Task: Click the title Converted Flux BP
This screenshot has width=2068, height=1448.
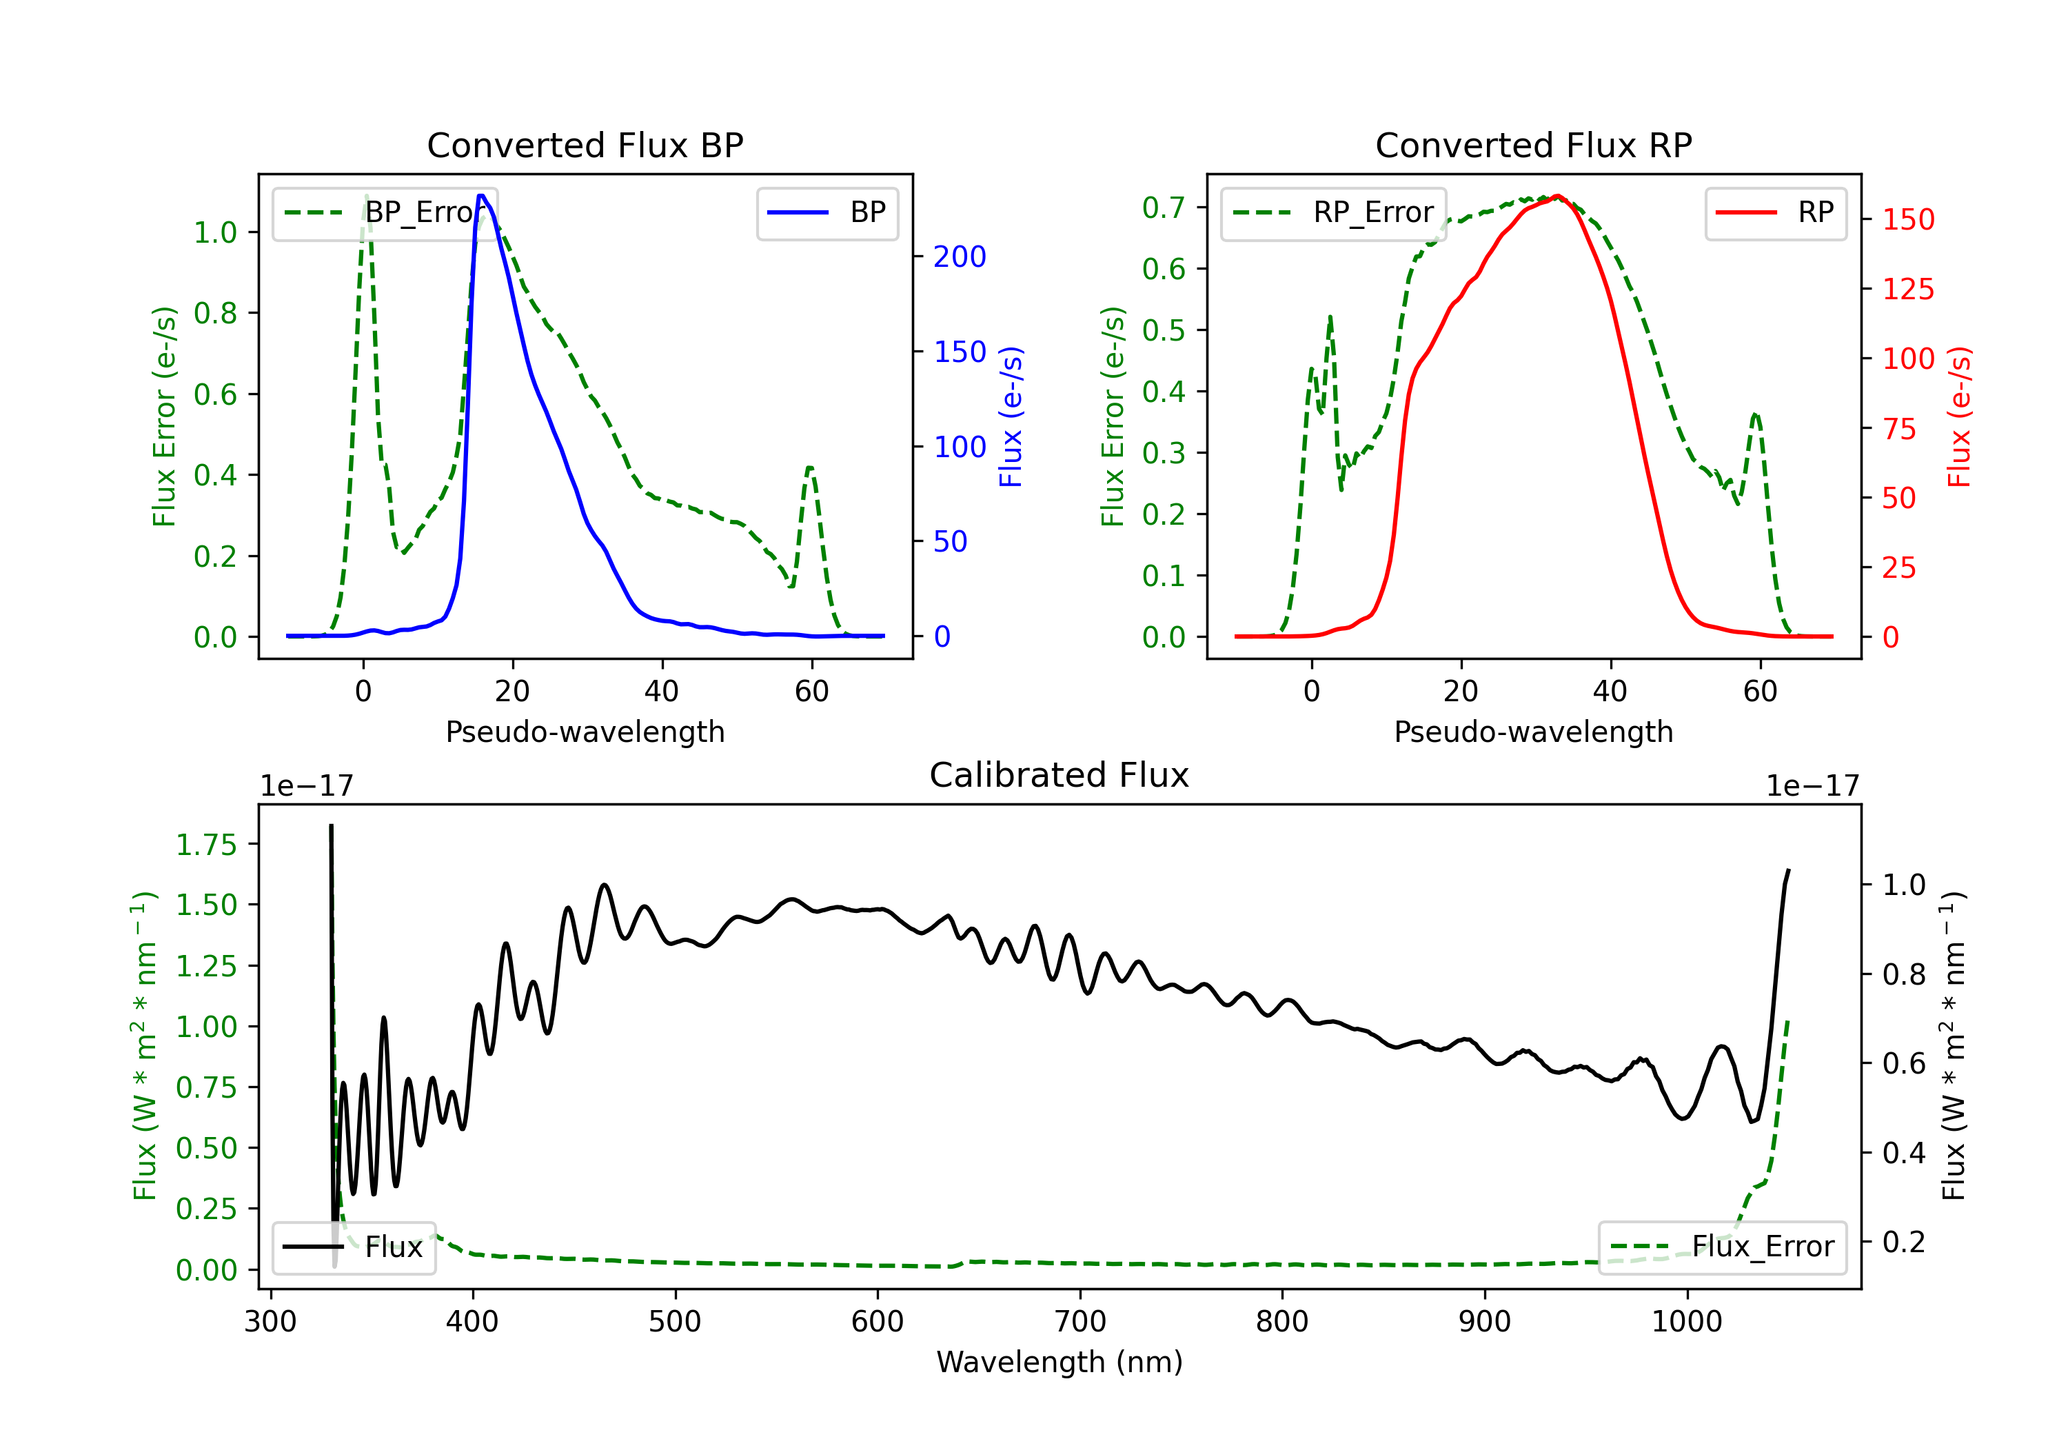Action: (585, 145)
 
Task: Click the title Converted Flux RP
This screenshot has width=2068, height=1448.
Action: (1534, 145)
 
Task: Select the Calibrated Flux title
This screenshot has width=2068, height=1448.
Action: (1060, 775)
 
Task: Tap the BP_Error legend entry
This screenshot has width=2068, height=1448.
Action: (385, 212)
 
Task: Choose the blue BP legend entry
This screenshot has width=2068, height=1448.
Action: (827, 212)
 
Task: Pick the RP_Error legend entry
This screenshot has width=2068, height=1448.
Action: (1333, 212)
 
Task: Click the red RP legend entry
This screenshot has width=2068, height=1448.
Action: (1775, 212)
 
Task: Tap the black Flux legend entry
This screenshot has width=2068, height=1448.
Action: (353, 1247)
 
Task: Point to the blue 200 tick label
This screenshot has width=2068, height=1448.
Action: (960, 257)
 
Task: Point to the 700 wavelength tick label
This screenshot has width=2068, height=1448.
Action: (1080, 1321)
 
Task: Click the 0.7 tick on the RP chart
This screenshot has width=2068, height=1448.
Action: (1164, 208)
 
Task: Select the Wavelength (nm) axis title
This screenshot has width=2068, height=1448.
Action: (1060, 1362)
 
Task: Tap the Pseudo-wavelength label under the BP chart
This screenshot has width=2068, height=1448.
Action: (585, 732)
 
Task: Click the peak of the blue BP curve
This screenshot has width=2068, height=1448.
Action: (482, 196)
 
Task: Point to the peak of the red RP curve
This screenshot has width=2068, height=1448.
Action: (1557, 197)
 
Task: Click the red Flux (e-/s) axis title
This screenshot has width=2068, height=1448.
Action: (1959, 417)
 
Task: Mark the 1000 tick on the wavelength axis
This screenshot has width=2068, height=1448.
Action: (1687, 1321)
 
